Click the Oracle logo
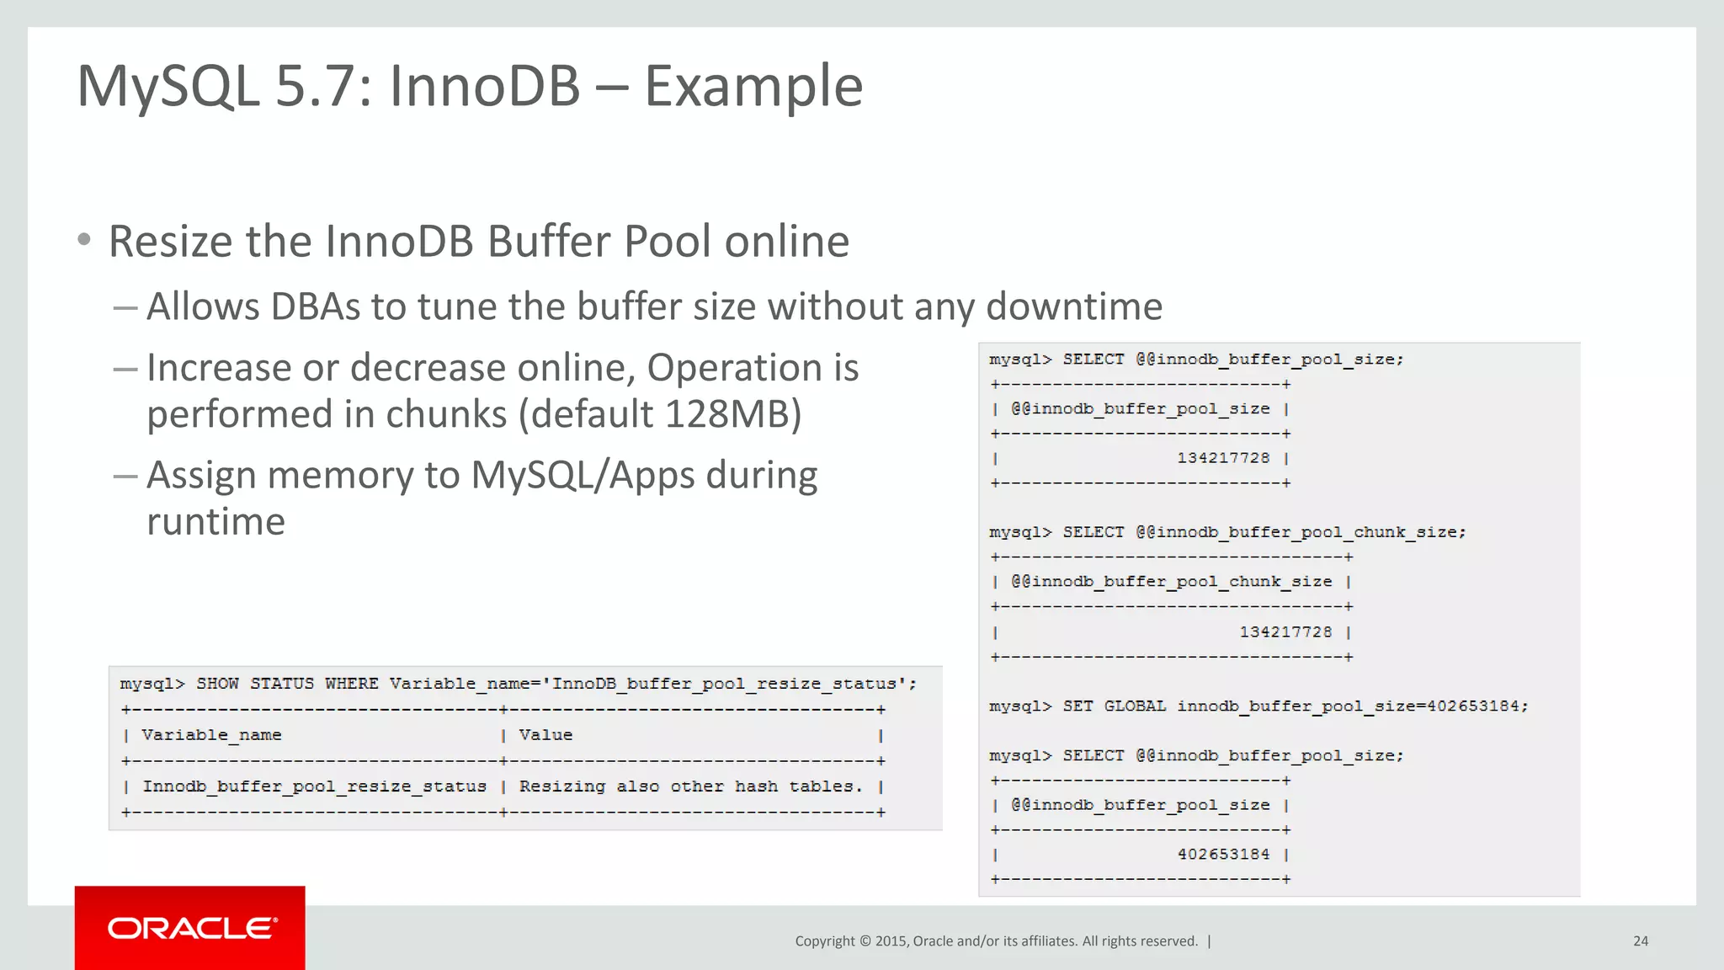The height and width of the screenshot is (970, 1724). click(192, 928)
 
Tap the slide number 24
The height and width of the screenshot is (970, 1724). click(1640, 941)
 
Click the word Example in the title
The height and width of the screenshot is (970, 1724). click(753, 86)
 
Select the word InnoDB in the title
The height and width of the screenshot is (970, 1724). click(484, 86)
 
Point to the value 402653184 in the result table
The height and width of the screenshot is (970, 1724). click(1223, 854)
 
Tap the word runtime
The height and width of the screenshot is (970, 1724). click(215, 522)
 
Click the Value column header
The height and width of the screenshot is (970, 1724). click(545, 735)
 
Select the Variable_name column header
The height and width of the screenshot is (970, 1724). click(211, 735)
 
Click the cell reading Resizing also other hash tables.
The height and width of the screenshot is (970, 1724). click(690, 786)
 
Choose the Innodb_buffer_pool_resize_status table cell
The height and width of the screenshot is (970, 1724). click(314, 786)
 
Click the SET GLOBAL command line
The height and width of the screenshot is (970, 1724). click(1258, 706)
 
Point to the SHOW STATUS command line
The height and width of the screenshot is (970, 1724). click(518, 684)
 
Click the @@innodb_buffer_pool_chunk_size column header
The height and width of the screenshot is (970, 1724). click(1171, 582)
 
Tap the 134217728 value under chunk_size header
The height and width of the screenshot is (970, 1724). click(1285, 632)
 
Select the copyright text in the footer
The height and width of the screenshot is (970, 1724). click(996, 941)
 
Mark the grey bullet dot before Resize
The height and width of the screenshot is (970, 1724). click(84, 240)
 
